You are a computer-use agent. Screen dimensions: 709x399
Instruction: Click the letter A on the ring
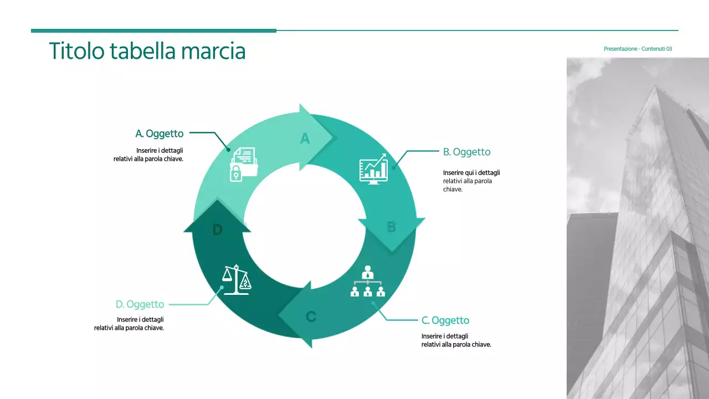pos(305,138)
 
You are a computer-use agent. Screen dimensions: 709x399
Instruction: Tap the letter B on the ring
pos(391,227)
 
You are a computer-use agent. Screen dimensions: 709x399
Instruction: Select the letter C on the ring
pos(311,316)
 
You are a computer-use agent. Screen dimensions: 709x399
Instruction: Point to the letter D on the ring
pos(217,230)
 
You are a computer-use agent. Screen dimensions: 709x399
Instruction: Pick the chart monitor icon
pos(373,169)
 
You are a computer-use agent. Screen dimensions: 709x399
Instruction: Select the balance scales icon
pos(237,280)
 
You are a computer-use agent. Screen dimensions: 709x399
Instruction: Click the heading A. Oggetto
pos(160,134)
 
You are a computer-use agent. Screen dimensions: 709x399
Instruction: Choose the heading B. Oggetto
pos(466,152)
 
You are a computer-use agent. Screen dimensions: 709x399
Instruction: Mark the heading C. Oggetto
pos(445,320)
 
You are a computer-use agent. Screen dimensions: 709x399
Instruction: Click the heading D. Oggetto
pos(140,304)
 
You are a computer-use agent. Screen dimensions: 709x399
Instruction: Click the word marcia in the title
pos(213,51)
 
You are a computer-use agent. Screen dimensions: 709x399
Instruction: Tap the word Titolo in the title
pos(76,51)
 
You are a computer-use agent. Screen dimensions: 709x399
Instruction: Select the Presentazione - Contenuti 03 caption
pos(638,49)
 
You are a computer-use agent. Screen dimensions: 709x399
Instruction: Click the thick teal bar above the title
pos(153,30)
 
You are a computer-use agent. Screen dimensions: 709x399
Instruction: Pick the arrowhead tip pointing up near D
pos(217,203)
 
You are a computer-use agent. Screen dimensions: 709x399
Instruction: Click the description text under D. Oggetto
pos(129,324)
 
